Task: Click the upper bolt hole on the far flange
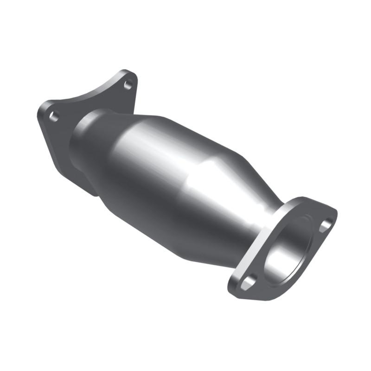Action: pyautogui.click(x=128, y=84)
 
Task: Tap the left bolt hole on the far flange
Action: pyautogui.click(x=54, y=116)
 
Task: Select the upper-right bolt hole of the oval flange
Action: pyautogui.click(x=326, y=225)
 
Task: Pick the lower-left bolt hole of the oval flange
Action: pyautogui.click(x=249, y=281)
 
